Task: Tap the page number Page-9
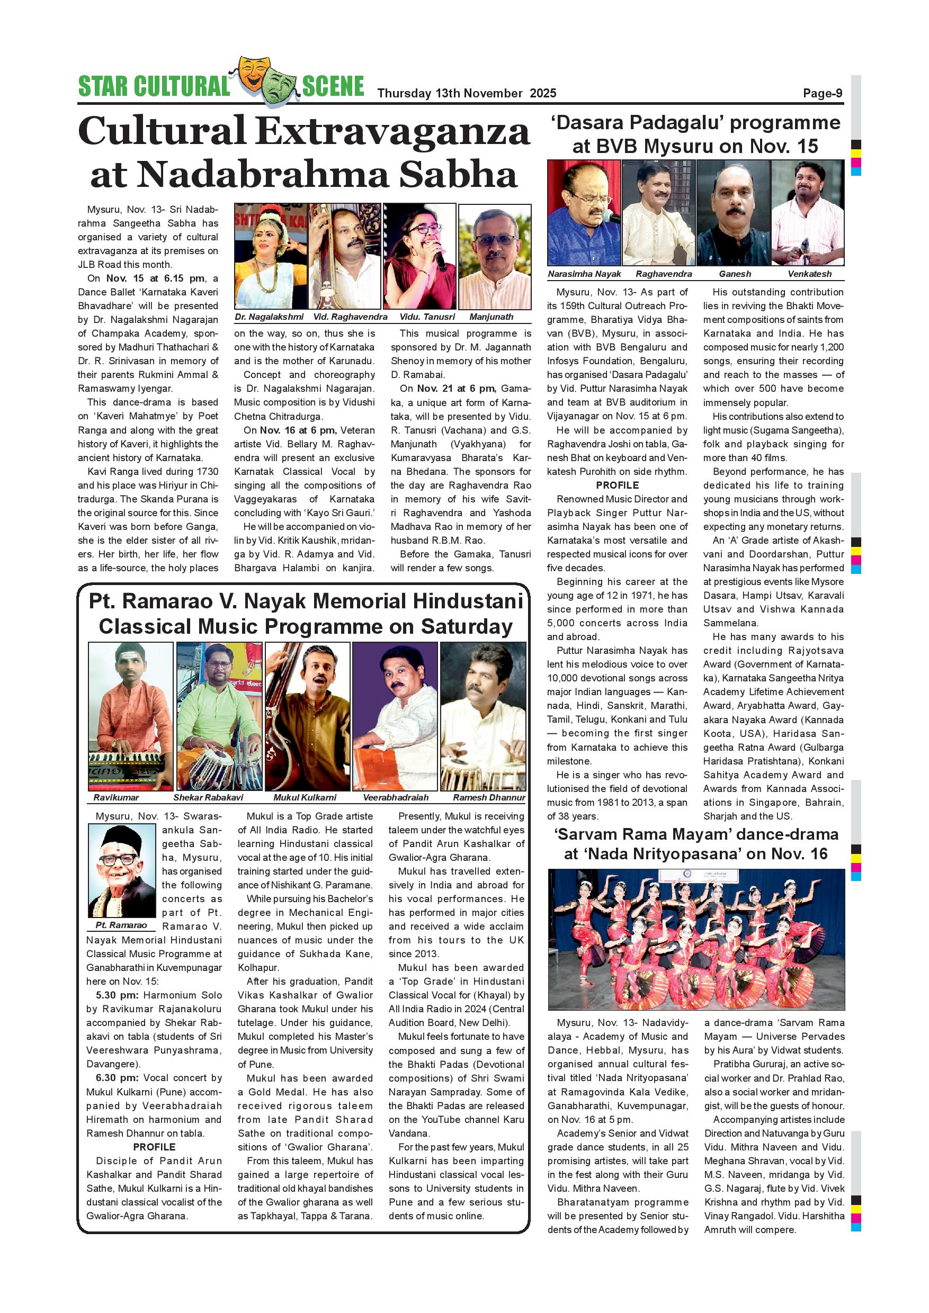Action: pos(822,93)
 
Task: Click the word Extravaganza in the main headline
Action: pos(392,131)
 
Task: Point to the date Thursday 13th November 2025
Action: pos(466,93)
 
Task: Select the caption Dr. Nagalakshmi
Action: pos(269,317)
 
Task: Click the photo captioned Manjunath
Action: pos(494,257)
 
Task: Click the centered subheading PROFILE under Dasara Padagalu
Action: pos(617,485)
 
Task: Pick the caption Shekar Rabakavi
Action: pos(208,797)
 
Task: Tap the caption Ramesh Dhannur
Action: pos(488,797)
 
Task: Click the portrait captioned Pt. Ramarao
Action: pos(121,870)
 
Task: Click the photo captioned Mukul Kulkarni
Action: pos(307,716)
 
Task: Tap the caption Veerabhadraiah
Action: pos(395,797)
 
